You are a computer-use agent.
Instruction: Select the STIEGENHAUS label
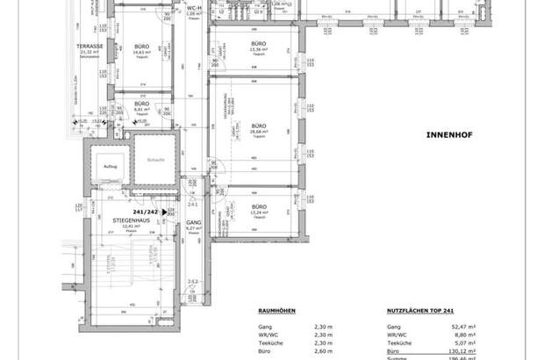[x=129, y=220]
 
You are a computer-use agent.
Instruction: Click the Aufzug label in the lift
[x=111, y=166]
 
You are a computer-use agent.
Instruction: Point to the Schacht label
[x=156, y=159]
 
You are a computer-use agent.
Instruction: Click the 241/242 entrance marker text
[x=146, y=212]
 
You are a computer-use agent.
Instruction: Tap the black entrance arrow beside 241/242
[x=166, y=212]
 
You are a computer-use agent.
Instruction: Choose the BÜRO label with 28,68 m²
[x=258, y=125]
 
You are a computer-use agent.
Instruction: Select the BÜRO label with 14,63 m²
[x=140, y=46]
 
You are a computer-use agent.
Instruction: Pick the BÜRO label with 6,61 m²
[x=140, y=104]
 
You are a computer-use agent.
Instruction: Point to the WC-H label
[x=195, y=7]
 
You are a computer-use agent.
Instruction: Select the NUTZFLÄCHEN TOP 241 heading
[x=421, y=310]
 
